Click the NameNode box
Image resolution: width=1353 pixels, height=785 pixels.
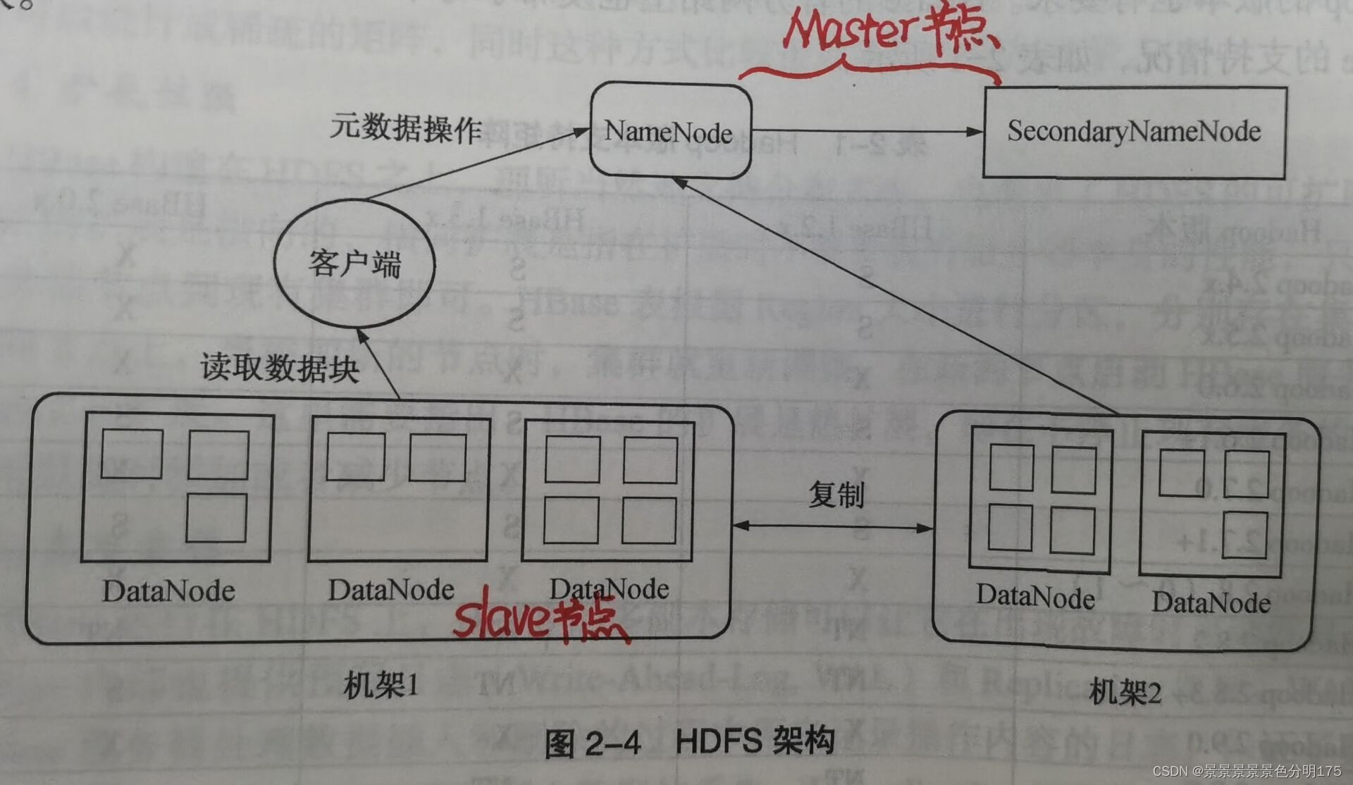coord(669,132)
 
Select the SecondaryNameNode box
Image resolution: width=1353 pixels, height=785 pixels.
coord(1134,132)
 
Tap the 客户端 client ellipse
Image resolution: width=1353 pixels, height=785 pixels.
coord(354,264)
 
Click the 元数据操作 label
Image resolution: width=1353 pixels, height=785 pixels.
coord(406,128)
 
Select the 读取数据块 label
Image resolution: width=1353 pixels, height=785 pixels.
coord(280,368)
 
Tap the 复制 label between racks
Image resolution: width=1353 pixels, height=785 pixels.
coord(836,495)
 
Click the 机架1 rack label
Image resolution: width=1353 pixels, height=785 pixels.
coord(381,685)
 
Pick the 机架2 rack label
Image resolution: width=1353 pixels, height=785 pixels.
coord(1125,693)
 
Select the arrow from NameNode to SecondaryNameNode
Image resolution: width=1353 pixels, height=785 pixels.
coord(867,131)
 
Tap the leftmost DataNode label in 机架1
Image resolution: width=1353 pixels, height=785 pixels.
coord(168,591)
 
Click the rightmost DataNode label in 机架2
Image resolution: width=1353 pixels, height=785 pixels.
coord(1211,603)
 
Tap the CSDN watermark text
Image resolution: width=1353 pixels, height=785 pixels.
coord(1247,772)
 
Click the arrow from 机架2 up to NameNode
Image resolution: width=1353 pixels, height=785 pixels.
coord(895,296)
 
